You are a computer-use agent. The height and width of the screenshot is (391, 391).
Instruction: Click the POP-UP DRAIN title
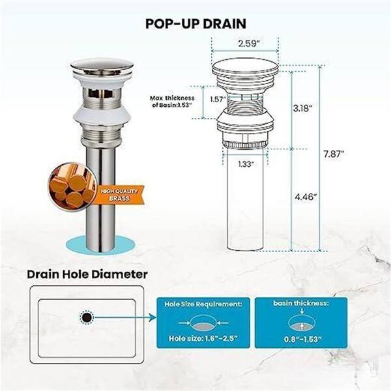pyautogui.click(x=195, y=23)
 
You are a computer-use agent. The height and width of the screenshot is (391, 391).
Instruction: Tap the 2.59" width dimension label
pyautogui.click(x=248, y=44)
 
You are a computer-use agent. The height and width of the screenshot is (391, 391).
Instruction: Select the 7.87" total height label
pyautogui.click(x=334, y=154)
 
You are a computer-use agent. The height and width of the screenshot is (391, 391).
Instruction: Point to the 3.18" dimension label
pyautogui.click(x=302, y=108)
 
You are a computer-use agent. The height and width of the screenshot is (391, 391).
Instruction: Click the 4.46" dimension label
pyautogui.click(x=306, y=197)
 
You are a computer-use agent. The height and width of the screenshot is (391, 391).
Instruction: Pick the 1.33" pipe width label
pyautogui.click(x=246, y=164)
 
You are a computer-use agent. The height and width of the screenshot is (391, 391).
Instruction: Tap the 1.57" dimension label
pyautogui.click(x=218, y=99)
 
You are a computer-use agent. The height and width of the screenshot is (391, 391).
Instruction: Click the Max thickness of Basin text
pyautogui.click(x=172, y=102)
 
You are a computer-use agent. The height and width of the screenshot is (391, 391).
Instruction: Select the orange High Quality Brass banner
pyautogui.click(x=120, y=195)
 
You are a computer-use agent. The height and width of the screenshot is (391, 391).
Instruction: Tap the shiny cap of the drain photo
pyautogui.click(x=102, y=66)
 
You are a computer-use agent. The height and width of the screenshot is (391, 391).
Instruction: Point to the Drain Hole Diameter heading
pyautogui.click(x=87, y=274)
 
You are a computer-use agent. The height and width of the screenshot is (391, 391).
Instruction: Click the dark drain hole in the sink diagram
pyautogui.click(x=87, y=317)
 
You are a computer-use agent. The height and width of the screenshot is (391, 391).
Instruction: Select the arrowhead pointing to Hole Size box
pyautogui.click(x=152, y=317)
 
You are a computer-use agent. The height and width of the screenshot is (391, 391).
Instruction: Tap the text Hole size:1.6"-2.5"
pyautogui.click(x=203, y=338)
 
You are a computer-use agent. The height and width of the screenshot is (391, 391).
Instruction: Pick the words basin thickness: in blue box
pyautogui.click(x=301, y=303)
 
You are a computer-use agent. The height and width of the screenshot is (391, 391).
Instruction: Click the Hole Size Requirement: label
pyautogui.click(x=203, y=304)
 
